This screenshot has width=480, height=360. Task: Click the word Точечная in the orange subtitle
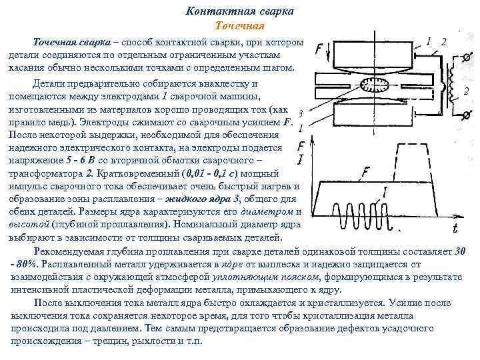241,26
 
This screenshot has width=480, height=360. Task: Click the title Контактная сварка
241,12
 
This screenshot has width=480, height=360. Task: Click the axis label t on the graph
455,229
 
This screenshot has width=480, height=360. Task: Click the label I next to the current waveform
385,193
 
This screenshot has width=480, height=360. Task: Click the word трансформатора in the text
44,174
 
